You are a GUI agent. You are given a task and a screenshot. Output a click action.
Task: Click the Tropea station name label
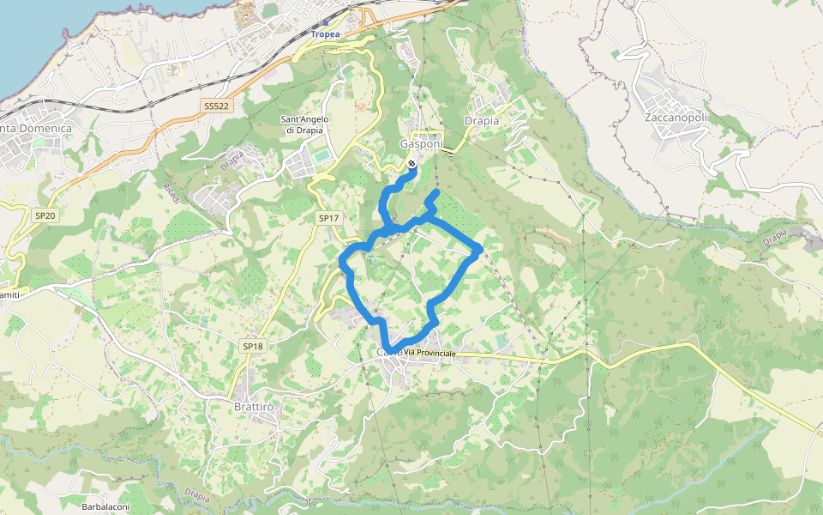click(x=325, y=34)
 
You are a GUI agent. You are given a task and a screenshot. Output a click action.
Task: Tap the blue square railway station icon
click(x=326, y=23)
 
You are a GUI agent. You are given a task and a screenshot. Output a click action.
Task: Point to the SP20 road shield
click(x=45, y=215)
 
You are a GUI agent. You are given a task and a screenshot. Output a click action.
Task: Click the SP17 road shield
click(x=328, y=219)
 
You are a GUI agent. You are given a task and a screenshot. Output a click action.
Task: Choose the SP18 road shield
click(x=252, y=346)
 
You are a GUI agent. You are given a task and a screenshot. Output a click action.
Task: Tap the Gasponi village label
click(x=422, y=144)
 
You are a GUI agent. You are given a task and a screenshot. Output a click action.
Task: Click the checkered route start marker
click(x=411, y=164)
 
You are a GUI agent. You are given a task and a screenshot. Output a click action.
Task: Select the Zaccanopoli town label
click(x=676, y=116)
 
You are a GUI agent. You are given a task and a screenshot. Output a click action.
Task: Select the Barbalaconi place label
click(x=105, y=506)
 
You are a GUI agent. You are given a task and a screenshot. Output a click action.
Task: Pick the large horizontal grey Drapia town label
click(x=481, y=121)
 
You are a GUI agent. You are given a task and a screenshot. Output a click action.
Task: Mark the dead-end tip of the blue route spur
click(x=436, y=194)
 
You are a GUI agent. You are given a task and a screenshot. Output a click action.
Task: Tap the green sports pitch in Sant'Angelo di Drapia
click(x=321, y=155)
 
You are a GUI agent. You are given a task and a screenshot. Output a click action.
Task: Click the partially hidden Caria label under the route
click(x=387, y=352)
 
